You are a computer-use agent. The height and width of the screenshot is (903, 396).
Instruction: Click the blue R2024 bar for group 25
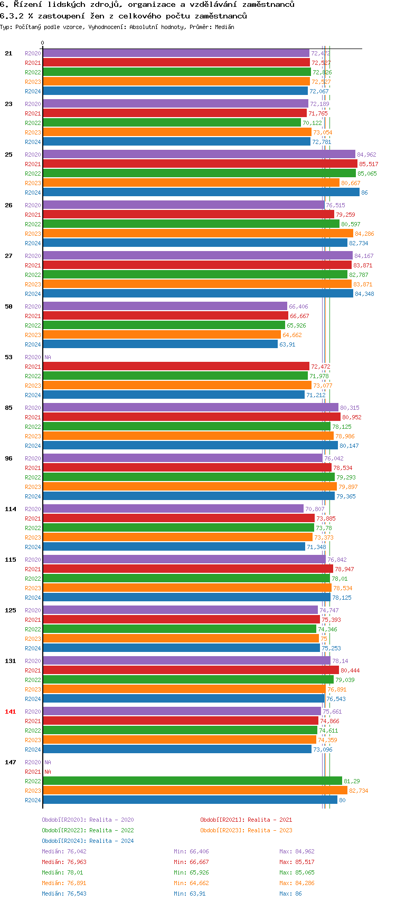201,193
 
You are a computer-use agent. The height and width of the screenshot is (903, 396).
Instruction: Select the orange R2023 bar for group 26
197,234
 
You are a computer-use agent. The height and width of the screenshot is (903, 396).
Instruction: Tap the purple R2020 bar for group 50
165,306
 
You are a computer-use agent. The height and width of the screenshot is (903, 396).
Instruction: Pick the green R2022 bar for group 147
192,781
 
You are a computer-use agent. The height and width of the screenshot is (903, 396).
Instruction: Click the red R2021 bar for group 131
191,670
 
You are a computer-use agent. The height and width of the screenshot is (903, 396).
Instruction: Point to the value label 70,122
312,123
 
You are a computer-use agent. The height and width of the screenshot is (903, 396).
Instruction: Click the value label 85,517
369,164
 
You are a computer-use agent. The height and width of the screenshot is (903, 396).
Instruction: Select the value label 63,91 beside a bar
287,344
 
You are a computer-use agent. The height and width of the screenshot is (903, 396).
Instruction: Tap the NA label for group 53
48,357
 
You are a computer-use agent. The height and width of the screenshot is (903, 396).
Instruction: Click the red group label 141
11,712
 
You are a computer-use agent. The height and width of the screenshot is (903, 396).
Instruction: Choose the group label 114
11,509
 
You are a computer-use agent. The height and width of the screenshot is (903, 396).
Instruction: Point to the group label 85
9,408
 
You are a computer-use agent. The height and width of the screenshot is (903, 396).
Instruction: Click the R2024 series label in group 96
33,496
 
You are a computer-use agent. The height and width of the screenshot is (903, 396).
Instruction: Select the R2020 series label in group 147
33,762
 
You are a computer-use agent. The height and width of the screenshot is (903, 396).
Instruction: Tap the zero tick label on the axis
43,43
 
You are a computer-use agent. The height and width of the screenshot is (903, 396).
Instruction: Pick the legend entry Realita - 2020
88,820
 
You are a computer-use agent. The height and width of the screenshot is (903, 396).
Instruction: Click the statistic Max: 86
290,894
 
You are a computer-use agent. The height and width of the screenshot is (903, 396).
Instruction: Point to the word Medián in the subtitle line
224,27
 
